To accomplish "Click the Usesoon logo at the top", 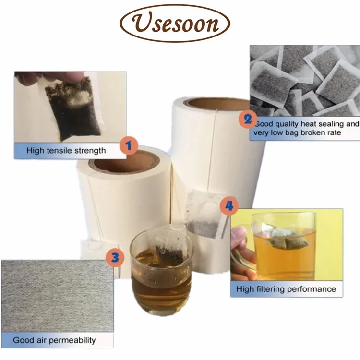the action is point(175,23).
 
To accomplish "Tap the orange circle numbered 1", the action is point(129,146).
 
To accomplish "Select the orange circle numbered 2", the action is point(248,119).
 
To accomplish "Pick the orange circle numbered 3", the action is point(115,258).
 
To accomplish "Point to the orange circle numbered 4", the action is point(229,206).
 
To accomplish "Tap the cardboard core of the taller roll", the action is point(217,104).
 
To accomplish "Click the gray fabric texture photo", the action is point(58,296).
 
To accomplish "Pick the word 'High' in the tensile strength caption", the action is point(36,150).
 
